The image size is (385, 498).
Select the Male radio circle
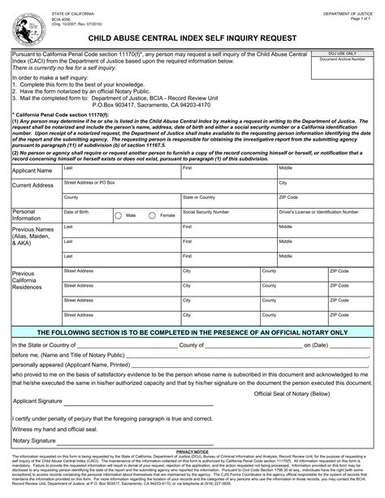coord(119,215)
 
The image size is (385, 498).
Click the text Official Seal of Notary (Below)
coord(292,392)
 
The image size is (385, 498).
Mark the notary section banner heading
coord(192,332)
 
